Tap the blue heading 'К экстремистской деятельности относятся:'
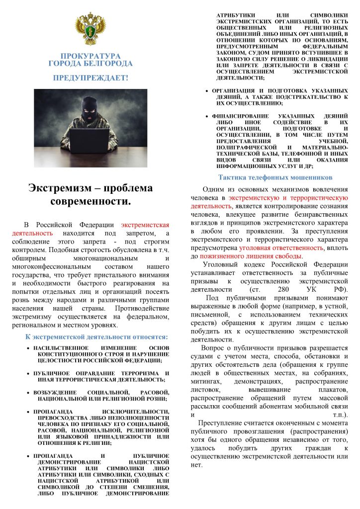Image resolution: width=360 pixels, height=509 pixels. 97,337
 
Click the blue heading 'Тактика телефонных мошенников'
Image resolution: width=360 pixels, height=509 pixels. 275,177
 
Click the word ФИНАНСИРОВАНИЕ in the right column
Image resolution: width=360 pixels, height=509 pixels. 241,116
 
